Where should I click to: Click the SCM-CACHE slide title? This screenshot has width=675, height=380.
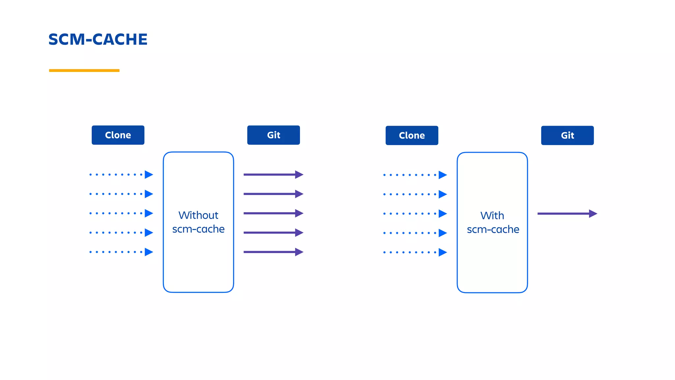tap(98, 40)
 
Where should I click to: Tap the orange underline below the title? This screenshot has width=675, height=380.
tap(84, 70)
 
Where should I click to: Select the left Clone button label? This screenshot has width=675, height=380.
tap(118, 135)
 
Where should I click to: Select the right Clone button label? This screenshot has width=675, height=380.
tap(412, 135)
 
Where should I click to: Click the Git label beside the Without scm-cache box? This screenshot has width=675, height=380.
tap(274, 135)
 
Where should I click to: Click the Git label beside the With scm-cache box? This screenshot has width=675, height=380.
tap(567, 135)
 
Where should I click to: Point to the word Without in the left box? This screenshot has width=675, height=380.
tap(198, 215)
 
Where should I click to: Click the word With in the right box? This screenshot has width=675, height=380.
tap(492, 215)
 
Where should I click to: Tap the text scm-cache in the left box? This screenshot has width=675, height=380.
tap(198, 229)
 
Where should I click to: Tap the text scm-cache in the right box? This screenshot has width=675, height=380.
tap(493, 229)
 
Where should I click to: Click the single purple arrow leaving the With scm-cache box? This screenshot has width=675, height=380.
tap(567, 214)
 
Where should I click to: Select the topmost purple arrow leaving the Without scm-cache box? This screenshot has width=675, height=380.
tap(273, 174)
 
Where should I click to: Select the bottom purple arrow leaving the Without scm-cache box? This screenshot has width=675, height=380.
tap(273, 252)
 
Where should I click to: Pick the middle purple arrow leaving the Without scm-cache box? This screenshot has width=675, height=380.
tap(273, 213)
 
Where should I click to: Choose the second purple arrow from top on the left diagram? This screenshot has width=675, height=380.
tap(273, 194)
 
